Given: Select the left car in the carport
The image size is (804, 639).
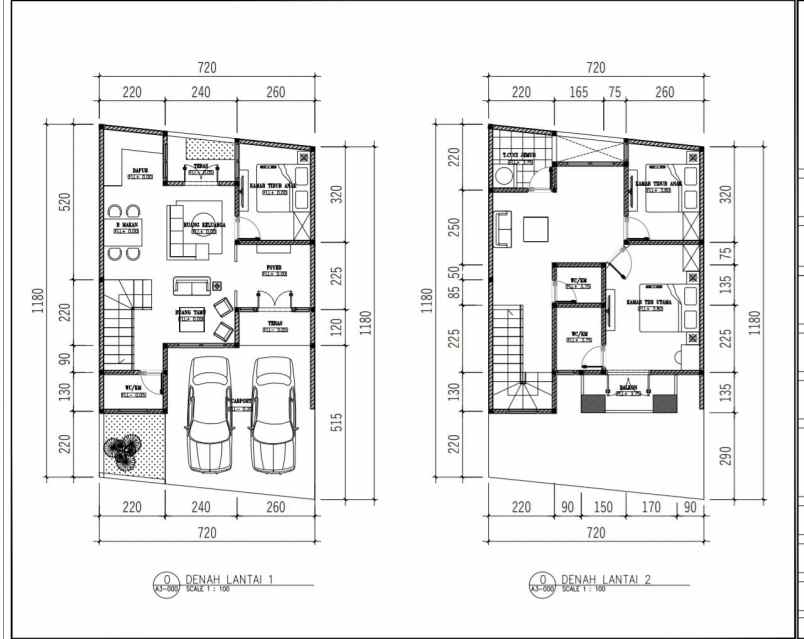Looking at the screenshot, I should pos(210,413).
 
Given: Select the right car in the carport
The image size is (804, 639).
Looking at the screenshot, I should pos(275,413).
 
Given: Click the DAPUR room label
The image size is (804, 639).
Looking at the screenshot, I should pos(141,171).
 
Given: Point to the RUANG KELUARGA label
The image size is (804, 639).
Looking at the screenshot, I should pos(205,226).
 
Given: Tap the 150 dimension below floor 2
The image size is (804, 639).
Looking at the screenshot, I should pos(602,507).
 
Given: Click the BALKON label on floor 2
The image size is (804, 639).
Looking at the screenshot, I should pos(628,390).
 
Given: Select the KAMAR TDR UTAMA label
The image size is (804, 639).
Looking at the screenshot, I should pos(648,301).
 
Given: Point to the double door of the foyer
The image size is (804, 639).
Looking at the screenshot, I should pos(269,298).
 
